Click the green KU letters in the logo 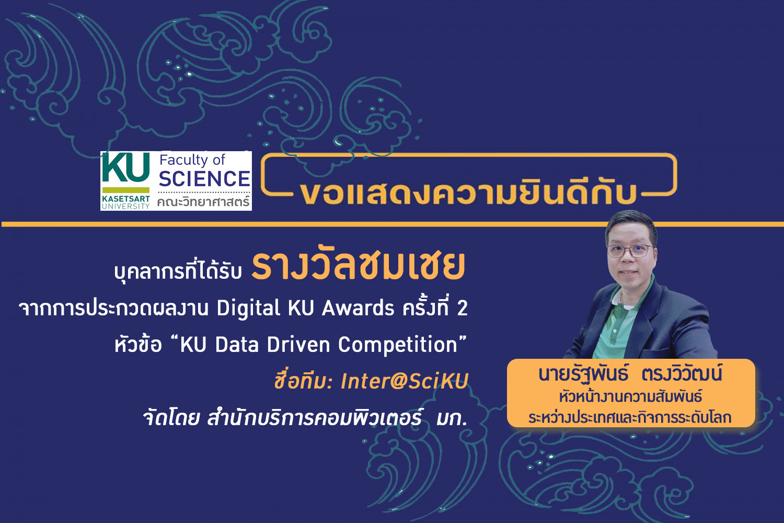coord(125,167)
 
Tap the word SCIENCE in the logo coord(204,179)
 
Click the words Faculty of coord(192,161)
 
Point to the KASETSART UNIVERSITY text coord(125,202)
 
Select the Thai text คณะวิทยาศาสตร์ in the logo coord(203,201)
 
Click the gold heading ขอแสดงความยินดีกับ coord(468,192)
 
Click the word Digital coord(248,308)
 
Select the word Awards coord(358,308)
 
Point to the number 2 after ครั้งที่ coord(463,309)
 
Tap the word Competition coord(398,345)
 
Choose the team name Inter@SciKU coord(404,381)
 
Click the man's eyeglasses coord(630,251)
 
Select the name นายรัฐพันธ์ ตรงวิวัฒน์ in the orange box coord(630,373)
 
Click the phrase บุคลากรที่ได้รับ coord(178,271)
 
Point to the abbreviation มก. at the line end coord(452,418)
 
